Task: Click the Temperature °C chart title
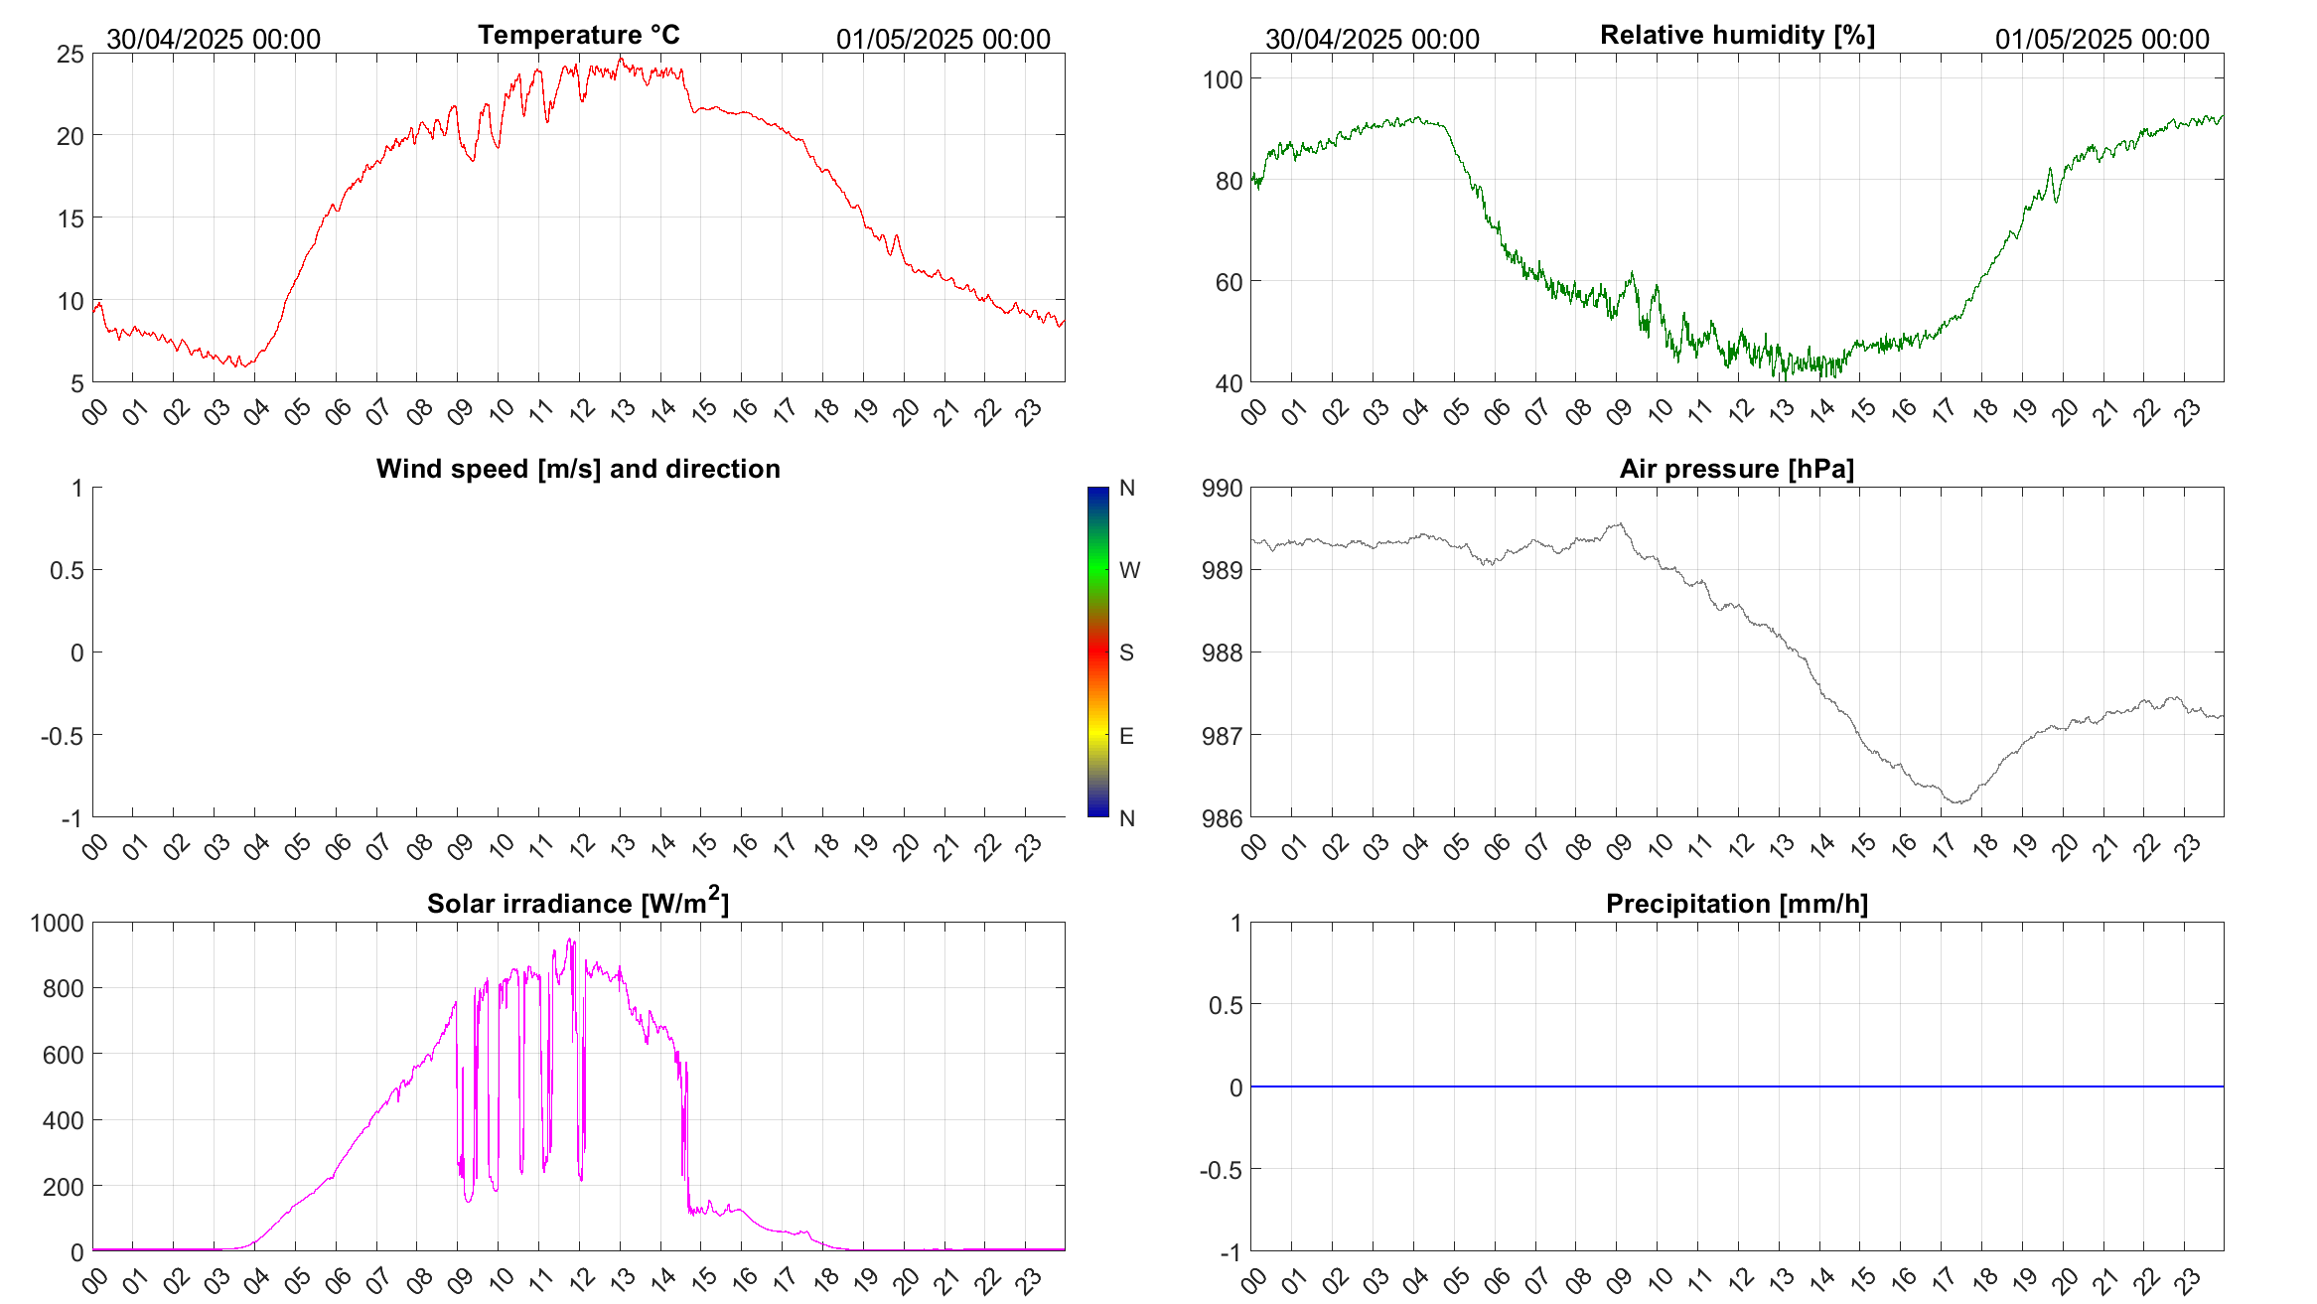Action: tap(578, 35)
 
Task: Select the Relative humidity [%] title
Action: tap(1737, 35)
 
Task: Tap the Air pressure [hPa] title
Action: tap(1736, 469)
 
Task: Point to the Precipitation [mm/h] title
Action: tap(1736, 904)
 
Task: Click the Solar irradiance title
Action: tap(578, 903)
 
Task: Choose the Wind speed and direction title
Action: tap(578, 469)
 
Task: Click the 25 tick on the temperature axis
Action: tap(71, 54)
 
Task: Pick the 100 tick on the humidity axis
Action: tap(1222, 79)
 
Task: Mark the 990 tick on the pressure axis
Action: tap(1222, 488)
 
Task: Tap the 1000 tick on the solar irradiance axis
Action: tap(58, 923)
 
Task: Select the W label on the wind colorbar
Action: tap(1129, 570)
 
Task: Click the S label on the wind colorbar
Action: tap(1126, 652)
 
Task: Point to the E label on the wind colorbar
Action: tap(1126, 736)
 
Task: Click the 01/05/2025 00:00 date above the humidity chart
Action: tap(2101, 39)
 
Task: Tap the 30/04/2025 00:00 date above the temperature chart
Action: tap(214, 39)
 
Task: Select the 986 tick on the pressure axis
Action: tap(1222, 818)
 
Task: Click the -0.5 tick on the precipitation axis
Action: tap(1221, 1170)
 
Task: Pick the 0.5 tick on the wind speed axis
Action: tap(67, 570)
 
